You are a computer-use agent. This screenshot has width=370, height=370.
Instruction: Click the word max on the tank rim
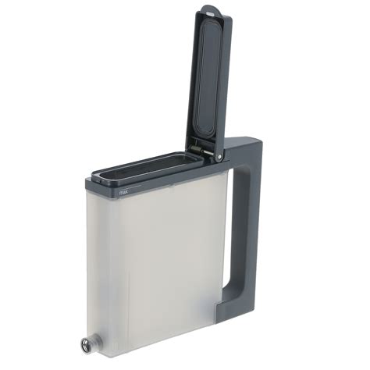123,193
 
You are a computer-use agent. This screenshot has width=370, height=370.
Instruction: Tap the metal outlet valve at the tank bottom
85,345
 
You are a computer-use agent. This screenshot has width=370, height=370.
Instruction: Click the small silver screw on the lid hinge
220,157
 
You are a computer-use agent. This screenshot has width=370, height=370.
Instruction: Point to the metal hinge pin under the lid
201,150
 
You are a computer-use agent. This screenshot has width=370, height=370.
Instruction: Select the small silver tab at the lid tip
211,12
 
